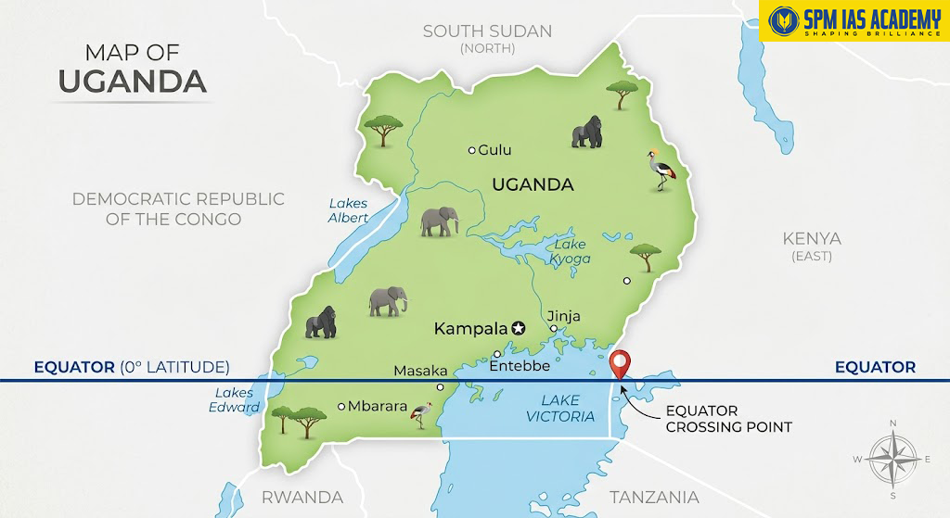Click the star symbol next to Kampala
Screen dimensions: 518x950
518,328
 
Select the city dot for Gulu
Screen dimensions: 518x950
471,150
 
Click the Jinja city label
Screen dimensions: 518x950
563,316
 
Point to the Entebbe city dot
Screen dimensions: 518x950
497,354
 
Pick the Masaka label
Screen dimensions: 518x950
420,371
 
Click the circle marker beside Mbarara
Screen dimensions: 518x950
341,406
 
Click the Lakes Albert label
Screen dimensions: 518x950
348,210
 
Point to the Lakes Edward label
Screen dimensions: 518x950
234,400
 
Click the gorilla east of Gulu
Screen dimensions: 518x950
586,133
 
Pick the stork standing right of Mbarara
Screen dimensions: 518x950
422,415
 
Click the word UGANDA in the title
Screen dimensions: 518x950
132,81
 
